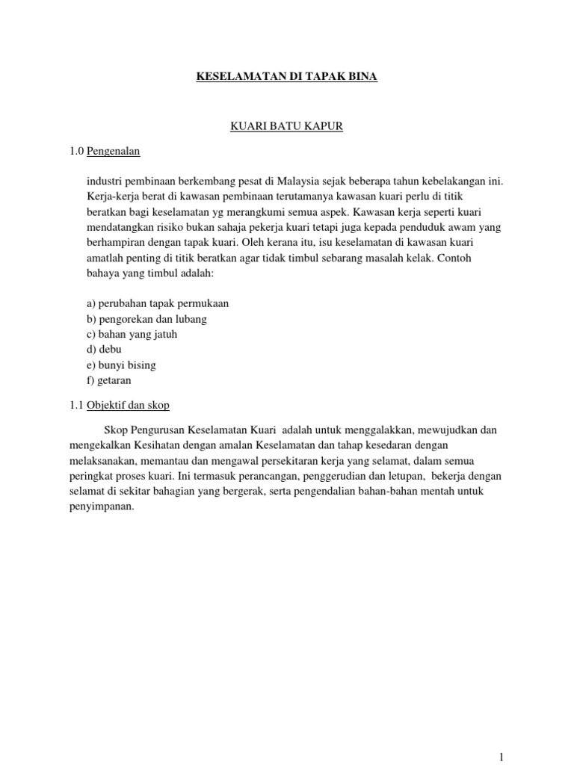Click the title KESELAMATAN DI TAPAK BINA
coord(286,77)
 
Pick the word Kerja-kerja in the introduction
coord(111,197)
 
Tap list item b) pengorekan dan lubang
coord(146,319)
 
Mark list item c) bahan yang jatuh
coord(132,335)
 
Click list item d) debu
coord(104,350)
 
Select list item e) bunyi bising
coord(121,365)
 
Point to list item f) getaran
coord(109,380)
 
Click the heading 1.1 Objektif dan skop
coord(118,405)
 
